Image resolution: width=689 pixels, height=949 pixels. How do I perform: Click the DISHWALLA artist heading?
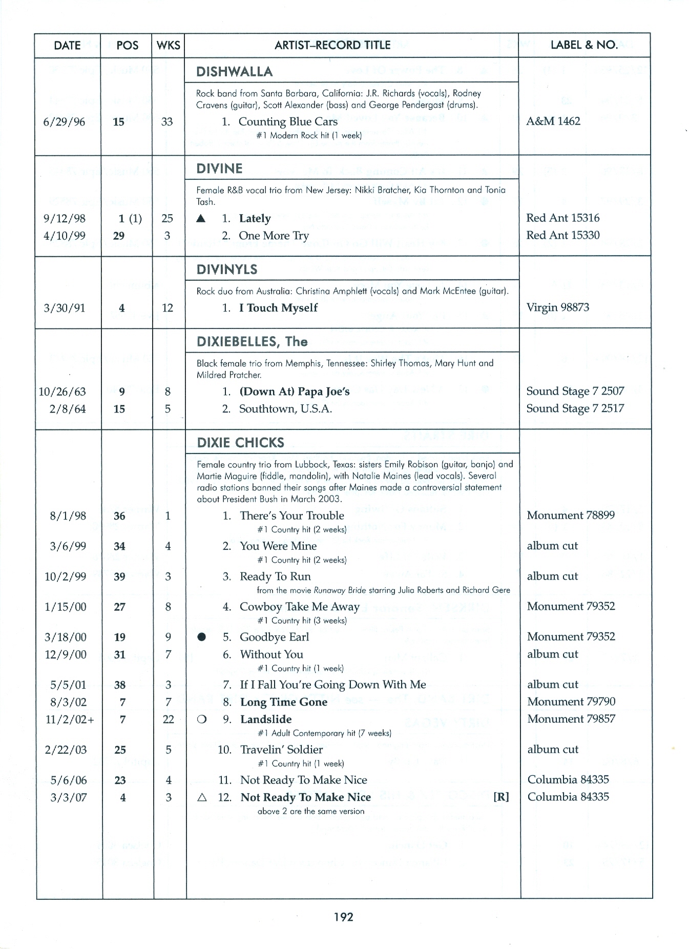(x=234, y=71)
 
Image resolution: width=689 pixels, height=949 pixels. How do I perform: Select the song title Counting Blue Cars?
(x=288, y=121)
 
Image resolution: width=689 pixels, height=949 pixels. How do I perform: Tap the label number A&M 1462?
(x=553, y=121)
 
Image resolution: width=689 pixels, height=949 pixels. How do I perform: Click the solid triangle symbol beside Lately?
(x=201, y=219)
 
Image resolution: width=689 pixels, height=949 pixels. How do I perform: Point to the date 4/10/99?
(x=65, y=236)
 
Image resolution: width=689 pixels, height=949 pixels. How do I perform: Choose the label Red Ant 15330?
(x=562, y=235)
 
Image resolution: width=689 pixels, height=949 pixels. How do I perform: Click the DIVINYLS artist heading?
(x=227, y=270)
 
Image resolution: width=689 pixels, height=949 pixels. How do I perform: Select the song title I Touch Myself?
(x=278, y=308)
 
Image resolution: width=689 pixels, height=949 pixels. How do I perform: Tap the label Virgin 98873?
(x=557, y=307)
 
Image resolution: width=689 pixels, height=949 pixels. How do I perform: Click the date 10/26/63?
(x=62, y=392)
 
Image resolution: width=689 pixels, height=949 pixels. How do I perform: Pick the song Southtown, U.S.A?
(x=285, y=409)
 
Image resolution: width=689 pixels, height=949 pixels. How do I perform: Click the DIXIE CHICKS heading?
(x=240, y=442)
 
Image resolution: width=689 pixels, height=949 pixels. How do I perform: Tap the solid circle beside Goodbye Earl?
(x=202, y=637)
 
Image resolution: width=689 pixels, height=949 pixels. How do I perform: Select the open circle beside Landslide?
(x=202, y=719)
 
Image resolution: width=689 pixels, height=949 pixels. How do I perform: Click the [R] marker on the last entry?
(x=501, y=797)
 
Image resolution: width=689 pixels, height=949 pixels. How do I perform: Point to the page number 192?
(x=343, y=917)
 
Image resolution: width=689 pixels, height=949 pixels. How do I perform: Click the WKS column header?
(x=168, y=46)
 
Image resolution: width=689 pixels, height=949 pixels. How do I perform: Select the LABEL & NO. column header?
(x=584, y=45)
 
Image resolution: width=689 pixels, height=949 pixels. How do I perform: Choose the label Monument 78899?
(x=571, y=515)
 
